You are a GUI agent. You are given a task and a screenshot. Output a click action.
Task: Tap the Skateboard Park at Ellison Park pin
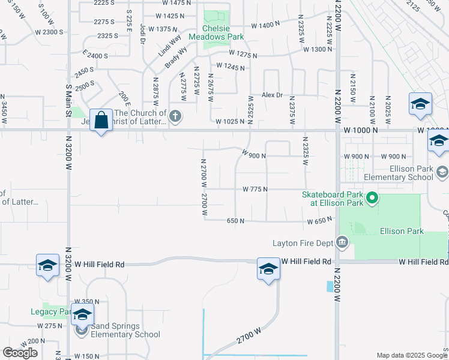(372, 197)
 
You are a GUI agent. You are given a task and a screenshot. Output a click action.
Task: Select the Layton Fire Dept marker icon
(342, 243)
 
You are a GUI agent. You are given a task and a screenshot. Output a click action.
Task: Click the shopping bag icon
(101, 120)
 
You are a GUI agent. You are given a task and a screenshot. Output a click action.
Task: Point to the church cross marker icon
(175, 116)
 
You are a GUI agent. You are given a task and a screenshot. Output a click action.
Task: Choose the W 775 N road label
(255, 189)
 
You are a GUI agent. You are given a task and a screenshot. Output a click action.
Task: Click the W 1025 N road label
(227, 122)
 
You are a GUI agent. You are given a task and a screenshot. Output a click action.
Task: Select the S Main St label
(68, 94)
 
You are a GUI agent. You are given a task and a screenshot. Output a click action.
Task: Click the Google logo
(20, 353)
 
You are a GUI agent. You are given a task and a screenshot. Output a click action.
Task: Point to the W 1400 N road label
(266, 25)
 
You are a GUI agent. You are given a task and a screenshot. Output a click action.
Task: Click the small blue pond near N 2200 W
(330, 286)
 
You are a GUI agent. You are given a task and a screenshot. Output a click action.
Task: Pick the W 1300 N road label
(318, 49)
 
